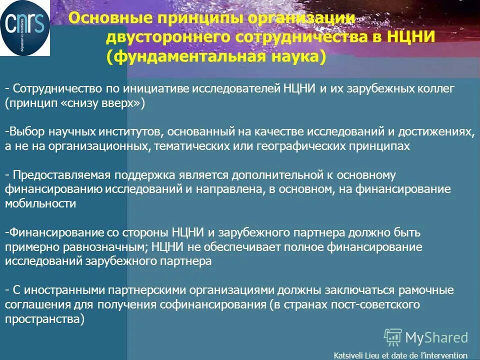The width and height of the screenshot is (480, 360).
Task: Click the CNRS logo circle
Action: [x=25, y=27]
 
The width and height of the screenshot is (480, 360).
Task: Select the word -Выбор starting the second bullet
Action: [x=25, y=131]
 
